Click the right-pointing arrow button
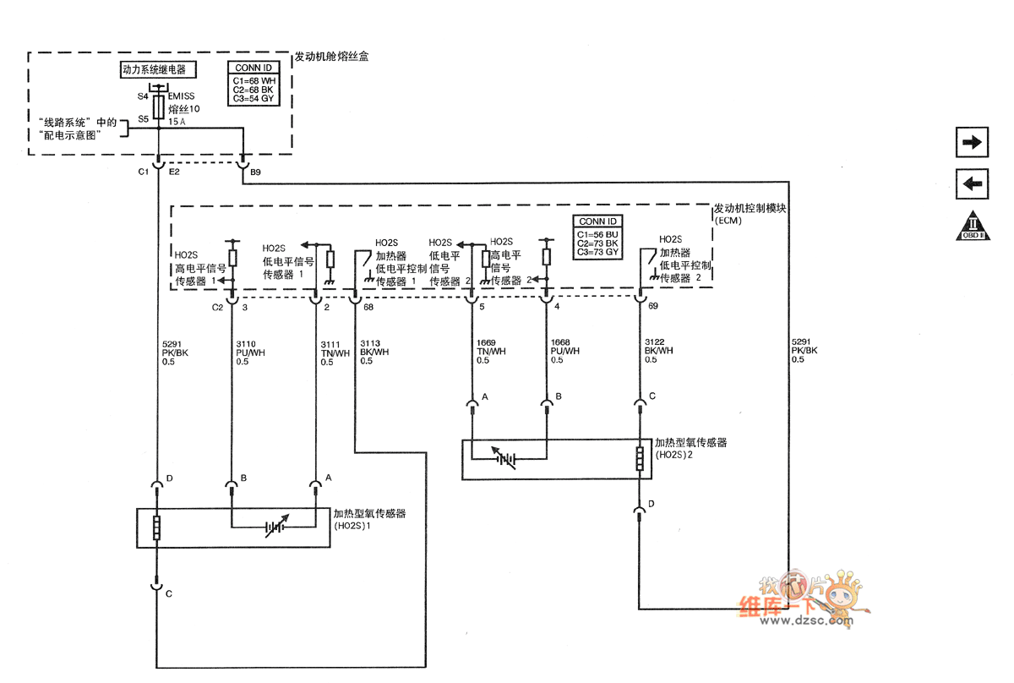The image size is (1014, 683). pyautogui.click(x=972, y=142)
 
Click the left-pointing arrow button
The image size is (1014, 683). pyautogui.click(x=972, y=183)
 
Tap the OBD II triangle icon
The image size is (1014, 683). pyautogui.click(x=972, y=225)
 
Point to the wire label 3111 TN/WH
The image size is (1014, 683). pyautogui.click(x=335, y=352)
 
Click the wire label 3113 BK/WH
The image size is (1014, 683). pyautogui.click(x=374, y=352)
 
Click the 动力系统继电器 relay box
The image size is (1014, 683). pyautogui.click(x=154, y=70)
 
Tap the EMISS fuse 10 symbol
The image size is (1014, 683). pyautogui.click(x=158, y=107)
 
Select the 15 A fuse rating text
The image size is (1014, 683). pyautogui.click(x=177, y=122)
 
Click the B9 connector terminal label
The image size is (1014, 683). pyautogui.click(x=256, y=172)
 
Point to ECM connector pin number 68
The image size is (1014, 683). pyautogui.click(x=368, y=307)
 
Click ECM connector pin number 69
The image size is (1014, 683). pyautogui.click(x=652, y=307)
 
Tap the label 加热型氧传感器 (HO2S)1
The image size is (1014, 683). pyautogui.click(x=368, y=519)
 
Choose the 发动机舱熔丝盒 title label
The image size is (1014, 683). pyautogui.click(x=331, y=57)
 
